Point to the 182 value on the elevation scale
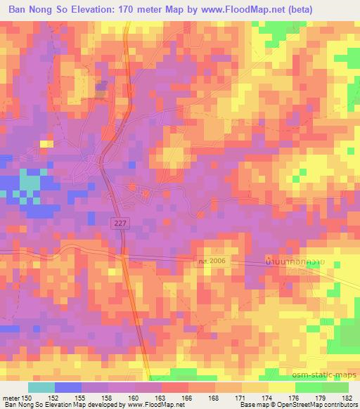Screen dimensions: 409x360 click(x=348, y=397)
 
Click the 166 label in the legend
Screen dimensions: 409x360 click(x=188, y=397)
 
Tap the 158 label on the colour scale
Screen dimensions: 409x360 click(x=108, y=397)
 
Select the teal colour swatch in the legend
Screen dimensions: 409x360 click(x=41, y=387)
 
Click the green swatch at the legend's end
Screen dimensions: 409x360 click(x=335, y=387)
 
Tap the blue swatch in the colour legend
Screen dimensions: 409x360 click(x=68, y=387)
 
